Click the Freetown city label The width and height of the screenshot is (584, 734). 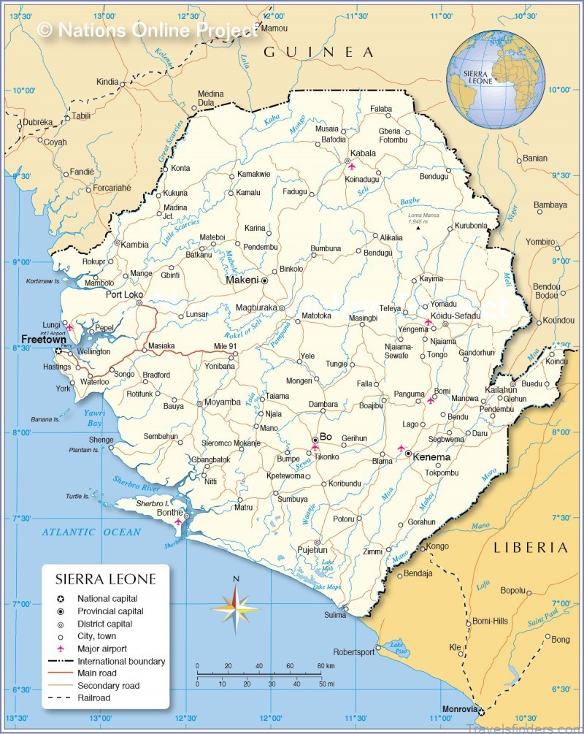pyautogui.click(x=44, y=340)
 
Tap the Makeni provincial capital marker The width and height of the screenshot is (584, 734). pyautogui.click(x=265, y=280)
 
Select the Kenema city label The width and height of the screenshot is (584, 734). pyautogui.click(x=431, y=457)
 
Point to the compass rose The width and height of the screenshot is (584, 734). pyautogui.click(x=235, y=607)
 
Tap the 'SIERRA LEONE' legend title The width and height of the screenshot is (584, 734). pyautogui.click(x=106, y=579)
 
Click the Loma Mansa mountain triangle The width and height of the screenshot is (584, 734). pyautogui.click(x=418, y=228)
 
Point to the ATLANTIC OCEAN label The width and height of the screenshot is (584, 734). pyautogui.click(x=91, y=532)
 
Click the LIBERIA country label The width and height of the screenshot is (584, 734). pyautogui.click(x=530, y=547)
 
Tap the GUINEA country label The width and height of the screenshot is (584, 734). pyautogui.click(x=318, y=52)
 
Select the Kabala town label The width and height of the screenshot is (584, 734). pyautogui.click(x=363, y=153)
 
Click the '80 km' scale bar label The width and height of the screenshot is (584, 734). pyautogui.click(x=326, y=666)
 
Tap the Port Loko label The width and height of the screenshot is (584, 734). pyautogui.click(x=124, y=295)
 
